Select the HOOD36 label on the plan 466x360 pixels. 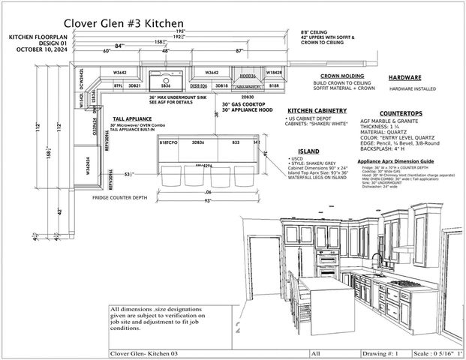[248, 76]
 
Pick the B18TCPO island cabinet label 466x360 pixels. [168, 142]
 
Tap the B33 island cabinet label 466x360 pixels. [236, 142]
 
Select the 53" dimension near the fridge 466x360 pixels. [129, 174]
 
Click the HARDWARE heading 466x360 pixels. [404, 78]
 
